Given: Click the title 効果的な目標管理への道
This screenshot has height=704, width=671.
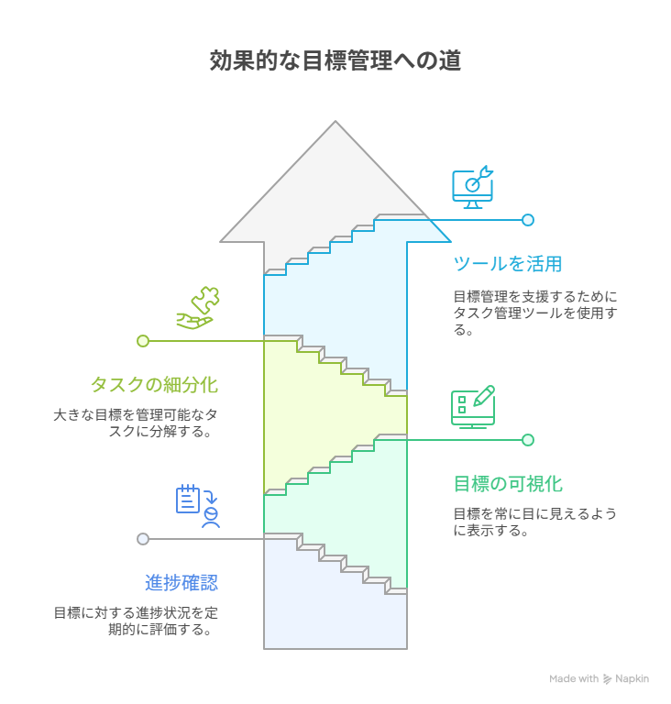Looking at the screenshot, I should tap(335, 61).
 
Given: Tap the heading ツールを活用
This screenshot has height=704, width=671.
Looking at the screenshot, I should tap(508, 264).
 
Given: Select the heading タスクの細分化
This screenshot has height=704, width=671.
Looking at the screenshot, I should tap(154, 384).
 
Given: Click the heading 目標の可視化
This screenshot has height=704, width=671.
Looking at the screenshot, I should tap(508, 483).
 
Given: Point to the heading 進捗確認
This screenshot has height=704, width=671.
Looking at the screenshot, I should tap(181, 582).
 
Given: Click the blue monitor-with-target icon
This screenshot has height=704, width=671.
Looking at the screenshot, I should tap(473, 187).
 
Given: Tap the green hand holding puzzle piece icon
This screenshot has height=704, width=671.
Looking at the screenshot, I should tap(198, 308).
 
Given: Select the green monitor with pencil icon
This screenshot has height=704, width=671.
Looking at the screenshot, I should tap(473, 407).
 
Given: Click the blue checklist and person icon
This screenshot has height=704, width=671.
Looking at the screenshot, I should tap(199, 506).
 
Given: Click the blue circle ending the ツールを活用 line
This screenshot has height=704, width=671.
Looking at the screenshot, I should tap(528, 220).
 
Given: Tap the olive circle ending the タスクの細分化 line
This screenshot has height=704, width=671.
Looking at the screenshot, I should tap(143, 341).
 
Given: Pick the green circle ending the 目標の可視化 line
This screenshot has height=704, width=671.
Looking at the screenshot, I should tap(528, 440).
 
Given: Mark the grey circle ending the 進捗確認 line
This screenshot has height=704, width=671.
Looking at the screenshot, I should tap(143, 539).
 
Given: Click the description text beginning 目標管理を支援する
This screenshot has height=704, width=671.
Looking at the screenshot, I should tap(535, 313).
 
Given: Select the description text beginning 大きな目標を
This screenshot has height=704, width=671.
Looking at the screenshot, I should tap(136, 423).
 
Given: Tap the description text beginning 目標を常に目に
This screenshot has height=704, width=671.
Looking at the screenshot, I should tap(535, 522).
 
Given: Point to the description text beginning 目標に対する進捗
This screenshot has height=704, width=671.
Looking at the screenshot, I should tap(136, 621).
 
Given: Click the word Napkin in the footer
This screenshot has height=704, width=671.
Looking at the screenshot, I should tap(632, 679).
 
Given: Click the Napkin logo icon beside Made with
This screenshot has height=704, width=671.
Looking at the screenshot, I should tap(608, 679).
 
